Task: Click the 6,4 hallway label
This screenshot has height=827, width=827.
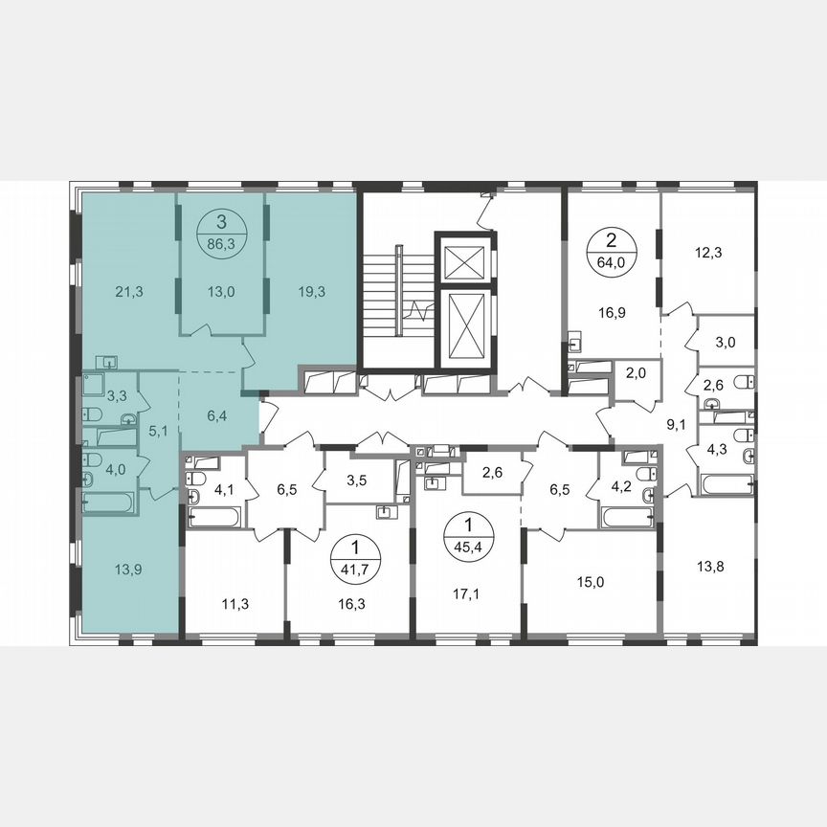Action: (x=219, y=416)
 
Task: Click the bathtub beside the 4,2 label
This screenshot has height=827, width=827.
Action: (x=627, y=518)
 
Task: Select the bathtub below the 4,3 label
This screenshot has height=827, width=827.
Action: (x=726, y=482)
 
